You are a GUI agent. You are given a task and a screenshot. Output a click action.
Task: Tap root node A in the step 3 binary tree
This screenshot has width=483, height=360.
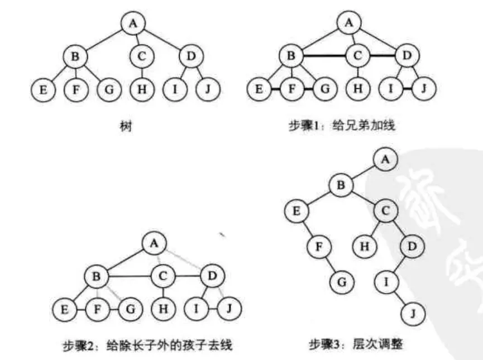(385, 159)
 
